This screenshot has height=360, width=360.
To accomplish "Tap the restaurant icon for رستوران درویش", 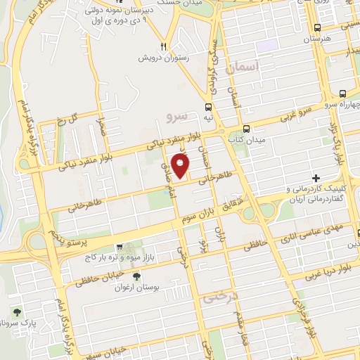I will (163, 41).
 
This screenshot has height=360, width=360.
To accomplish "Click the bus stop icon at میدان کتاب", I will (246, 129).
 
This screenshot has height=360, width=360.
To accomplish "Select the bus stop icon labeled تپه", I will (208, 107).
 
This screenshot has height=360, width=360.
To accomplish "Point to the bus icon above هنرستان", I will (318, 27).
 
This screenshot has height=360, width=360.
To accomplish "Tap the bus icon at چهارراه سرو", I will (342, 94).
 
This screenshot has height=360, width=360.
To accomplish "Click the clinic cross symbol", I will (316, 178).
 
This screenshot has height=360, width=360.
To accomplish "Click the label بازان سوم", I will (200, 213).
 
